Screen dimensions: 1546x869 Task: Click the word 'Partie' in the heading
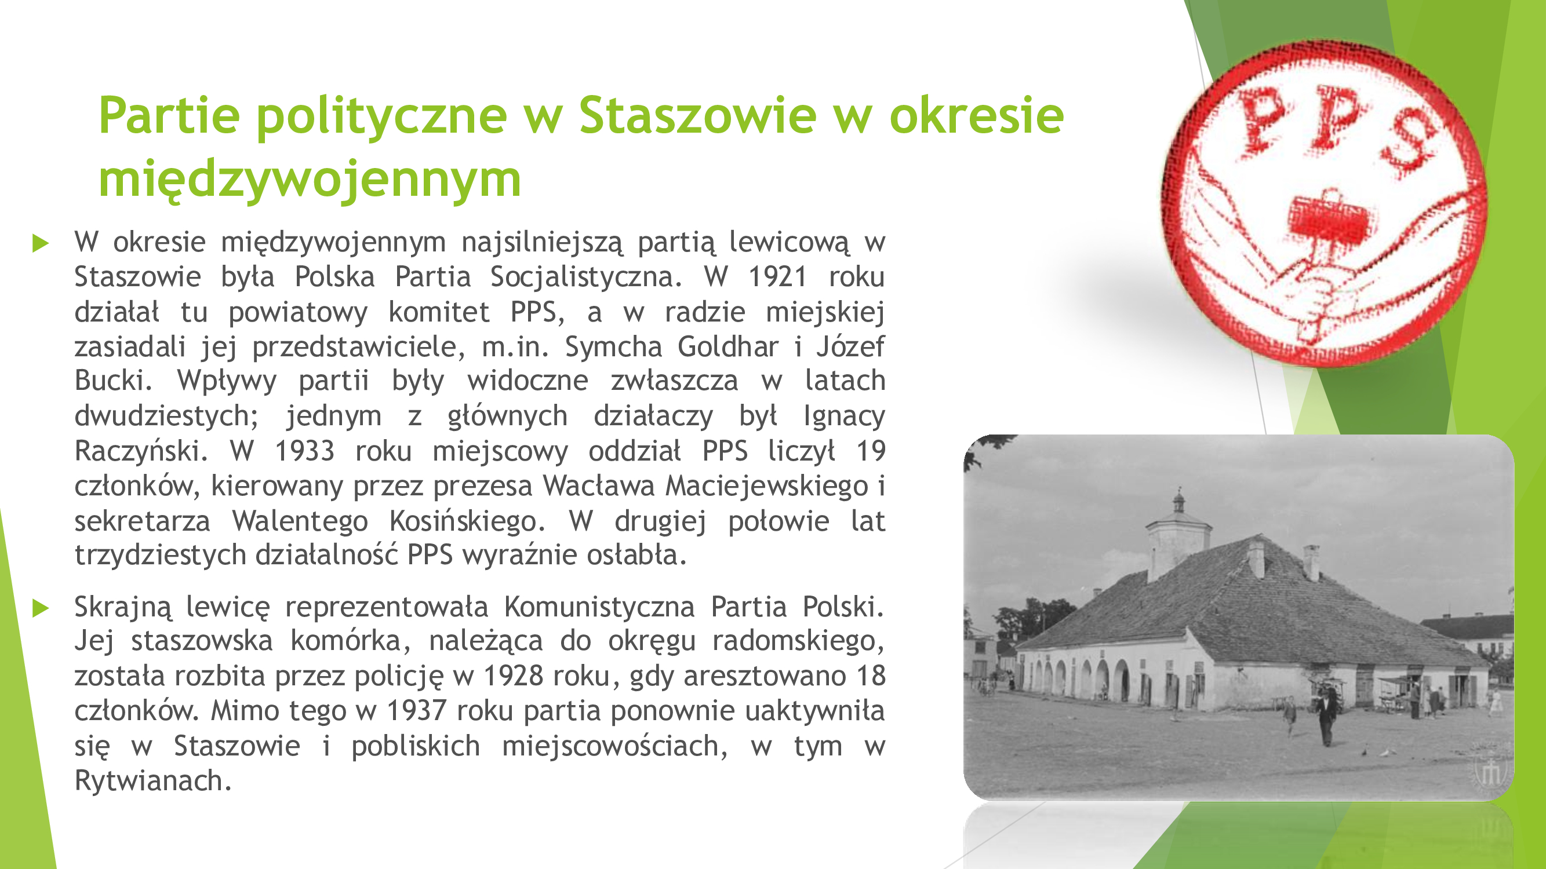[x=169, y=115]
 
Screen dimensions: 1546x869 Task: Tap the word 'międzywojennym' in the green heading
[x=310, y=180]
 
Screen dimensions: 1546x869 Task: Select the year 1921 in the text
[x=777, y=277]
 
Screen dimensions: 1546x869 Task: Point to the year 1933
[x=304, y=451]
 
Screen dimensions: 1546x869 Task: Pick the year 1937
[x=417, y=711]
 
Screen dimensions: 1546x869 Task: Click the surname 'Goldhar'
[x=728, y=346]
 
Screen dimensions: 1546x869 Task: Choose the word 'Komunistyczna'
[x=599, y=608]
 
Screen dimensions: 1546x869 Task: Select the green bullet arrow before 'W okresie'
[x=40, y=243]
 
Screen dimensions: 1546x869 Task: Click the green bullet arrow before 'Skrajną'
[x=40, y=608]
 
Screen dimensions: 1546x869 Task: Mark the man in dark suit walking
[x=1326, y=716]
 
